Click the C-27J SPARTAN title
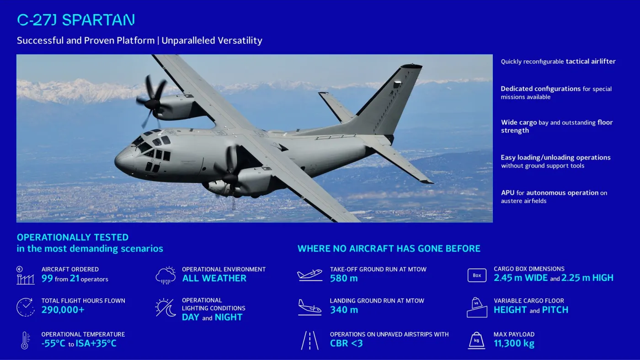tap(76, 20)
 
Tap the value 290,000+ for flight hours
tap(63, 310)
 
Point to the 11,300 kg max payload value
tap(514, 344)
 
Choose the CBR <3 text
tap(346, 344)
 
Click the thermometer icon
tap(25, 340)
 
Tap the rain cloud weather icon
tap(165, 275)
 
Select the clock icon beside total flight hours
tap(25, 307)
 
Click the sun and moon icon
tap(165, 308)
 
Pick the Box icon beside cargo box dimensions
tap(477, 275)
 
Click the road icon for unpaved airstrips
tap(309, 341)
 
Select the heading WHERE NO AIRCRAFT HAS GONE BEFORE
tap(389, 249)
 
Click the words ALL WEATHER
tap(214, 278)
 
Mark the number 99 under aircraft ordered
tap(47, 279)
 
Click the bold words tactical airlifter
tap(591, 61)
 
